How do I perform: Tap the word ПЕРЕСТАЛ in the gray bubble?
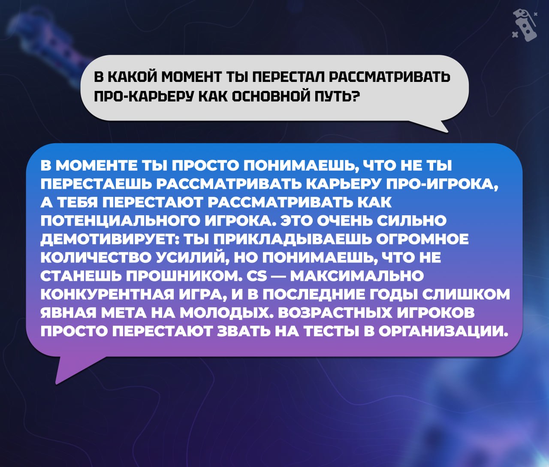287,78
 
